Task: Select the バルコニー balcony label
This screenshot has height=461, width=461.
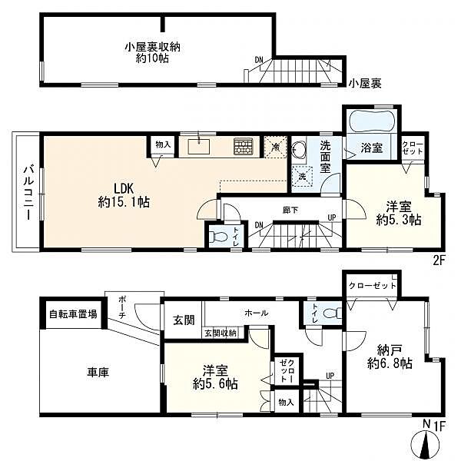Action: (27, 192)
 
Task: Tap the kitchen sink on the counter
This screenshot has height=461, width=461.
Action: (203, 143)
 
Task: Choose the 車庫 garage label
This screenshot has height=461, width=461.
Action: (97, 373)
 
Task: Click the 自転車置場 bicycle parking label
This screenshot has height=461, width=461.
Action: (74, 313)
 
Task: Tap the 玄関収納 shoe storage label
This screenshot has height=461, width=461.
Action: (221, 333)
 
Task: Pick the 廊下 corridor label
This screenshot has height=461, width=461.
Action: (290, 207)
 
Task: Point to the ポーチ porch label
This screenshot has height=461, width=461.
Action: (123, 306)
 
